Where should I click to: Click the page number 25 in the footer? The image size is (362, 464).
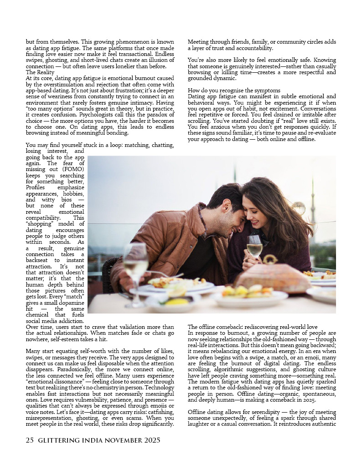tap(30, 440)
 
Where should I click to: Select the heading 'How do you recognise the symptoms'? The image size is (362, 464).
tap(234, 90)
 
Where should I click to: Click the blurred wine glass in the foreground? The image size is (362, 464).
tap(136, 264)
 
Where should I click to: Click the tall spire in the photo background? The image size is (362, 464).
tap(312, 200)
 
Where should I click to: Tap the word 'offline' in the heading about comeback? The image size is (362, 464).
tap(209, 327)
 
